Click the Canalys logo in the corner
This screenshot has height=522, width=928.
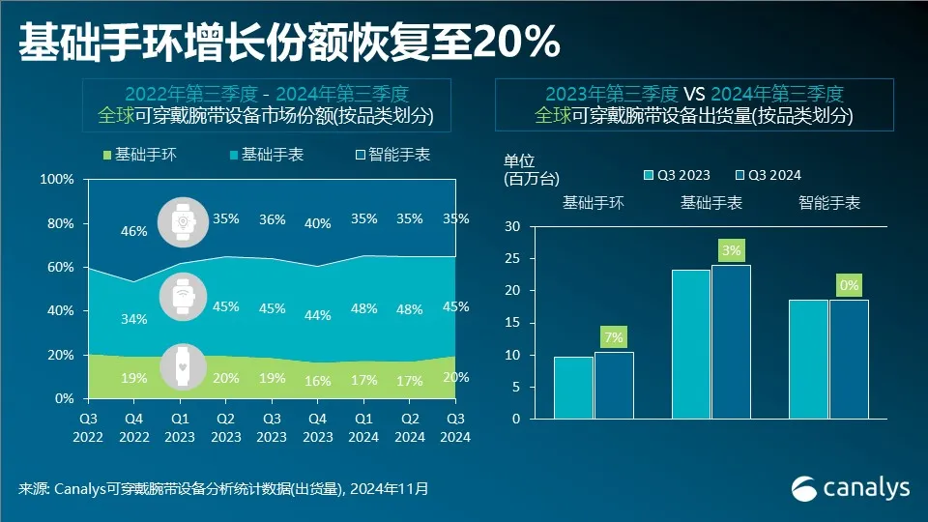click(850, 488)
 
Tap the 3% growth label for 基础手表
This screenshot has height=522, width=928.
click(731, 250)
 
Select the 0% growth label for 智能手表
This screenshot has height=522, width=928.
click(849, 285)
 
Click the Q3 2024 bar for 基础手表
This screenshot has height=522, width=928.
click(731, 341)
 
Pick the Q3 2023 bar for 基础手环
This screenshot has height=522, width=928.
click(573, 388)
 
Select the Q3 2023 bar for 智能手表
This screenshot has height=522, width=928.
click(808, 359)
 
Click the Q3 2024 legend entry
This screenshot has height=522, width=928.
click(768, 175)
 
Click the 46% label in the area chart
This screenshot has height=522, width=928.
click(134, 231)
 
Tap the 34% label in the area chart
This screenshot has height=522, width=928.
click(134, 319)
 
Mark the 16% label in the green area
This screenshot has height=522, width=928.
click(318, 381)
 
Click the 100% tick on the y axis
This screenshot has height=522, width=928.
click(58, 180)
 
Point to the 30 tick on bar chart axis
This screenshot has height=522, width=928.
click(512, 226)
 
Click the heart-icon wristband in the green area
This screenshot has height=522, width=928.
click(181, 365)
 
